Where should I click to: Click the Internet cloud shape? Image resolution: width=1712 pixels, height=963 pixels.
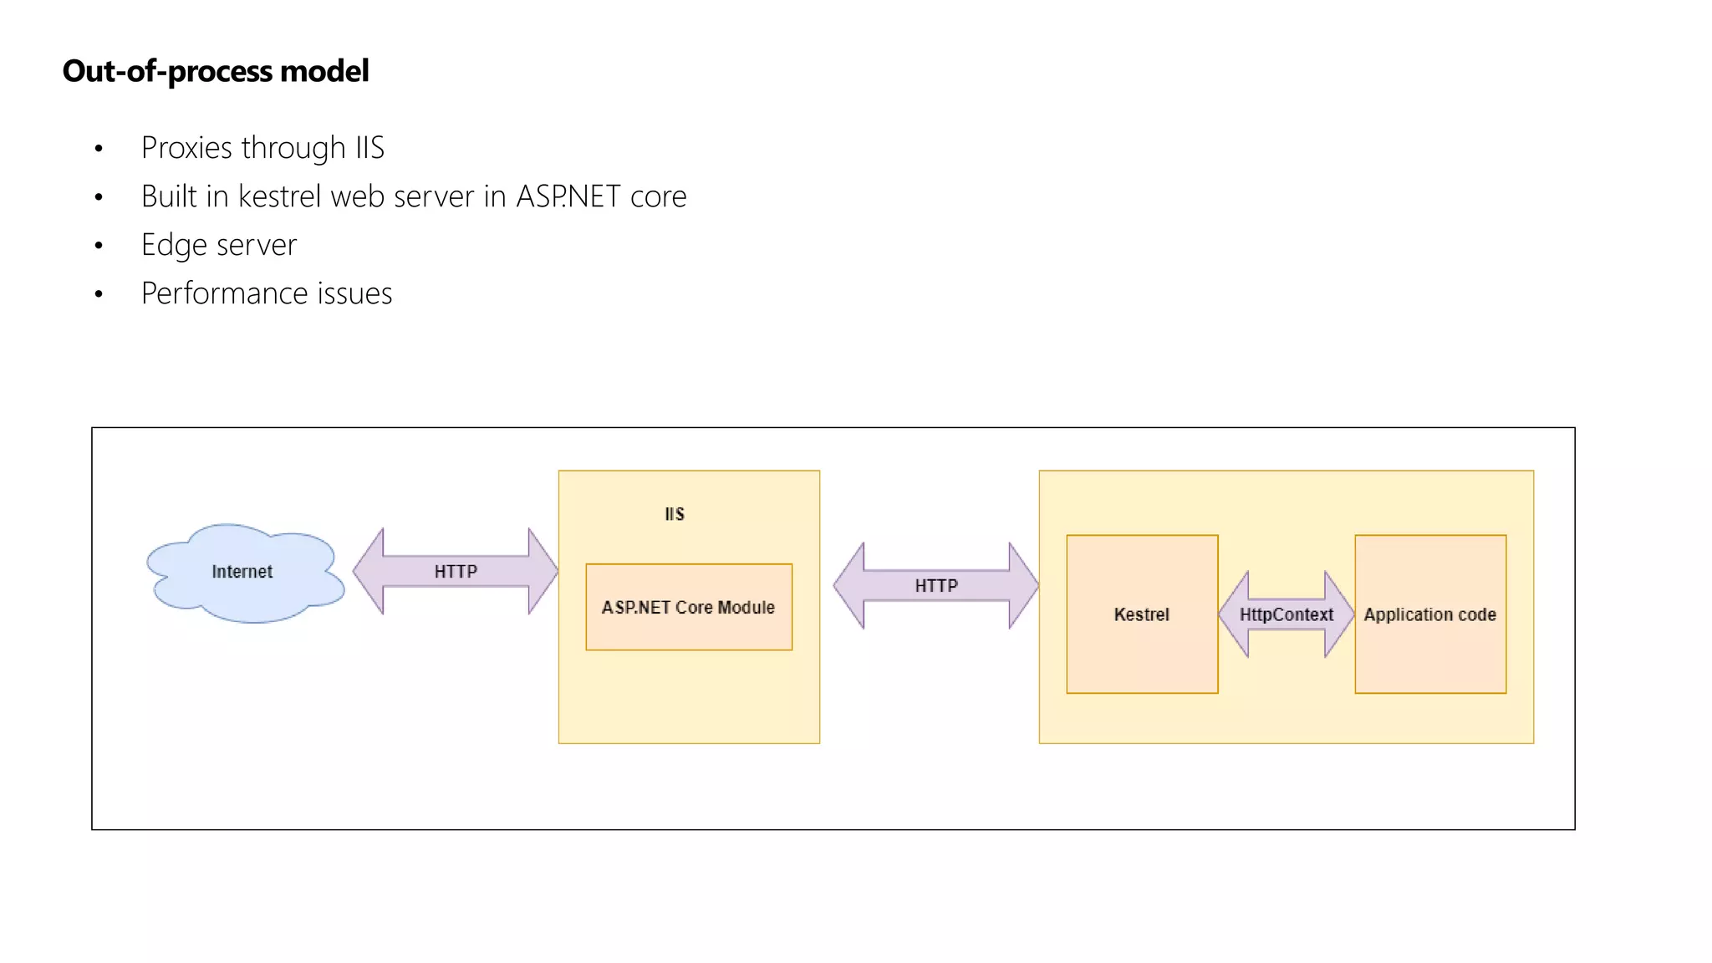pyautogui.click(x=242, y=573)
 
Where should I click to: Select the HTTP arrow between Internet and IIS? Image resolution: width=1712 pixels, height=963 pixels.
pyautogui.click(x=456, y=572)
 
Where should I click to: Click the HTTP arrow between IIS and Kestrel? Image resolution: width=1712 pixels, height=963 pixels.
pyautogui.click(x=935, y=586)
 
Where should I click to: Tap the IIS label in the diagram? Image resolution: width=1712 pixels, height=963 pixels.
pyautogui.click(x=675, y=514)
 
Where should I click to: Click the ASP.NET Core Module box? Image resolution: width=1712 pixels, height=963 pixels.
pyautogui.click(x=689, y=608)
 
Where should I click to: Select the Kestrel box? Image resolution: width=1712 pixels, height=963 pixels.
pyautogui.click(x=1142, y=614)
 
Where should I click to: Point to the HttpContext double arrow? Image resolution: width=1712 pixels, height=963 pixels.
pyautogui.click(x=1286, y=614)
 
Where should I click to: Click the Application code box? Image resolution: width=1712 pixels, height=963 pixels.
pyautogui.click(x=1430, y=614)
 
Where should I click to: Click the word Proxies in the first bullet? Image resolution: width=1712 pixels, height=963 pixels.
pyautogui.click(x=186, y=148)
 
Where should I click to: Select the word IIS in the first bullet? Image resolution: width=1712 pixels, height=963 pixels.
pyautogui.click(x=369, y=148)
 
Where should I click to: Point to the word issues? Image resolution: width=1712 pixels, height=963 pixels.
pyautogui.click(x=354, y=293)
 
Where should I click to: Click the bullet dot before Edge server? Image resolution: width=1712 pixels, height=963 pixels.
pyautogui.click(x=99, y=246)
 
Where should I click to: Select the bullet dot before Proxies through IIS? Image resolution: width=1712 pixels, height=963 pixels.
pyautogui.click(x=99, y=149)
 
